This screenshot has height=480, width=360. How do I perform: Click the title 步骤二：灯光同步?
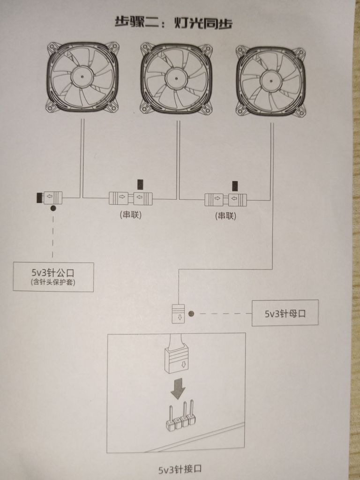click(173, 22)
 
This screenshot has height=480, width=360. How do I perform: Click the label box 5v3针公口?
click(53, 277)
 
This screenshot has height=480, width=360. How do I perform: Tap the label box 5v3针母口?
click(285, 313)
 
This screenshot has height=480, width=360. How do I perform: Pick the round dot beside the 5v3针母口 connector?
click(191, 313)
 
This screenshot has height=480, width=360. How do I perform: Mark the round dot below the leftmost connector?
click(53, 208)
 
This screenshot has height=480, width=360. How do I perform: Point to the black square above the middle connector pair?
click(140, 183)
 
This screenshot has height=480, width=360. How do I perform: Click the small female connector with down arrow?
click(179, 314)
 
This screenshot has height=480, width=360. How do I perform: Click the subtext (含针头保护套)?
click(52, 283)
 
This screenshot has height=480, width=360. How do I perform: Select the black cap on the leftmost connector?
click(39, 197)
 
